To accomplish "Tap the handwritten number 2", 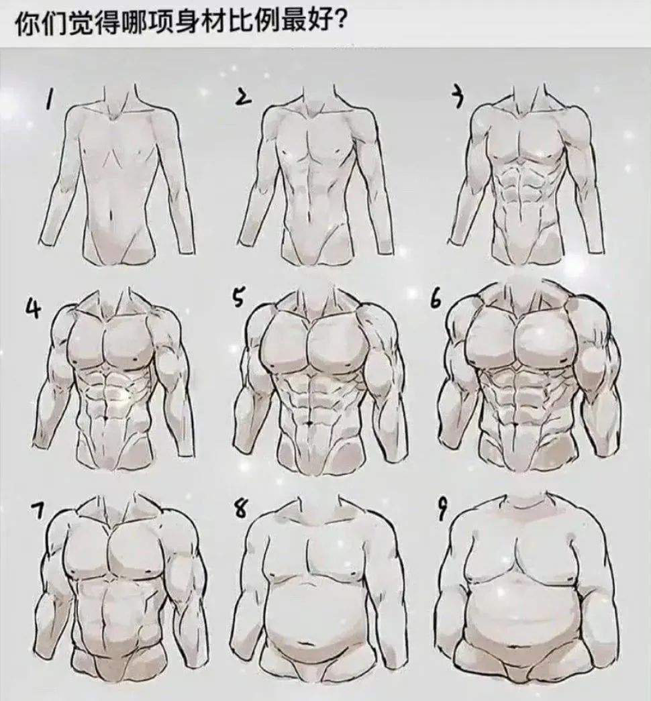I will (242, 99).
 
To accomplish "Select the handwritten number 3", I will (457, 99).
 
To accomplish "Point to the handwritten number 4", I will (32, 309).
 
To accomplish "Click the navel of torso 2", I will (309, 218).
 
